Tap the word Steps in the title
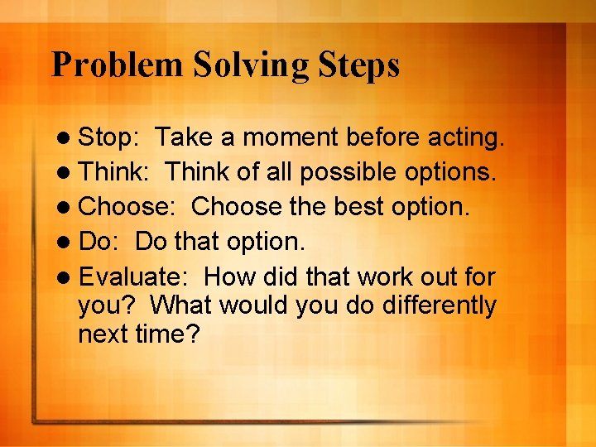pos(359,65)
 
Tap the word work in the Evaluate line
pos(384,276)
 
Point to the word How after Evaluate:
pos(228,276)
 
